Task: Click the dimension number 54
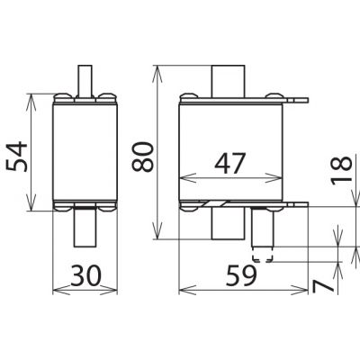[17, 157]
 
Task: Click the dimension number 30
[86, 275]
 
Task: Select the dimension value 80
[142, 157]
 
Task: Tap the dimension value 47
[230, 163]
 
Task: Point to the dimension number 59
[241, 275]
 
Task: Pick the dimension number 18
[341, 169]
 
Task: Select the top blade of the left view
[85, 81]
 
